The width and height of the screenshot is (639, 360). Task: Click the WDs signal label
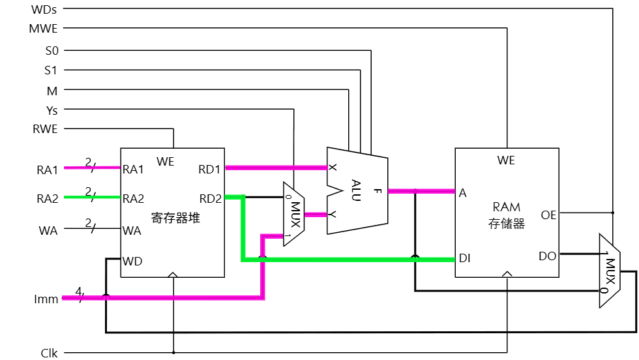pos(44,10)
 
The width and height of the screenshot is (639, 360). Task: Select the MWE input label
pos(44,29)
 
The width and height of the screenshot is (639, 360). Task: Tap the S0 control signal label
pos(51,50)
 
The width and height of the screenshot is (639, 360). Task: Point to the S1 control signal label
pos(51,70)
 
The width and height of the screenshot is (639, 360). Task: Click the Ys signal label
pos(52,110)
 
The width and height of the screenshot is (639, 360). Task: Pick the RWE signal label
pos(45,129)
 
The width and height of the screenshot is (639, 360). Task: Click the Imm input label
pos(46,299)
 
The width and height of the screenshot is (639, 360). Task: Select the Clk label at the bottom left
pos(49,353)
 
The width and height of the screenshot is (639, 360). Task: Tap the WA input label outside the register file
pos(48,230)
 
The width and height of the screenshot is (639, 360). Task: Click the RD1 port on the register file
pos(210,170)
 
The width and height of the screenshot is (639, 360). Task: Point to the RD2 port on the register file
pos(210,198)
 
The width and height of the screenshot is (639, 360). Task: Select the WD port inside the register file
pos(132,262)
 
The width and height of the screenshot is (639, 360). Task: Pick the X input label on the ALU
pos(333,168)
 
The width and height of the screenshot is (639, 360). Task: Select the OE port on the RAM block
pos(548,214)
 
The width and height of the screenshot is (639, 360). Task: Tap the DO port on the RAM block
pos(548,256)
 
